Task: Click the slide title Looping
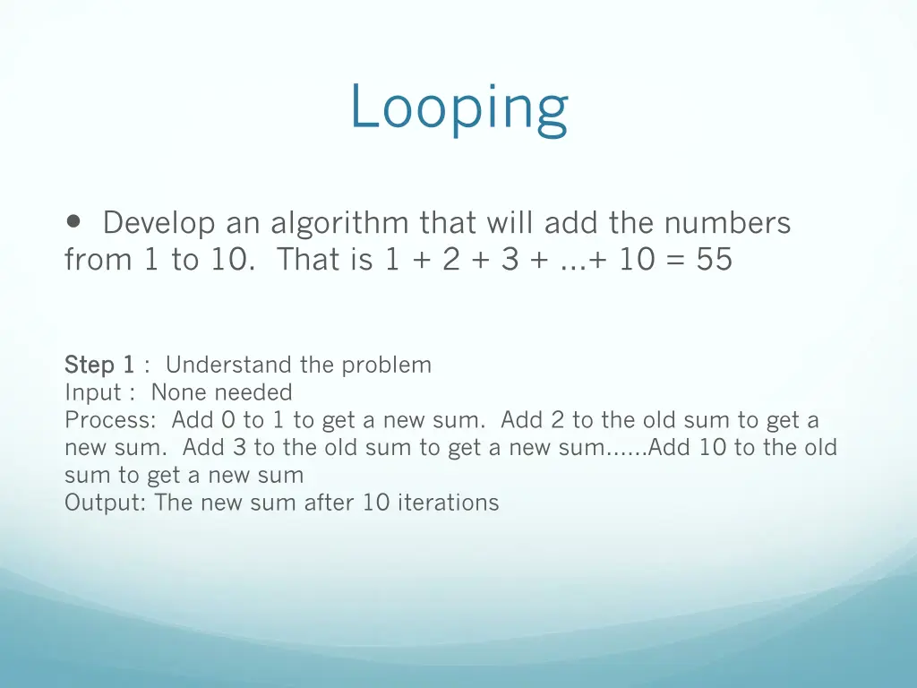coord(458,107)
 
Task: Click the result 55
coord(714,260)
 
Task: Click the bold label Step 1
coord(99,365)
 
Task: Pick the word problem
coord(388,365)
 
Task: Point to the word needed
coord(253,392)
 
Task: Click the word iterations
coord(448,503)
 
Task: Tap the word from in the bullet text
coord(98,260)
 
